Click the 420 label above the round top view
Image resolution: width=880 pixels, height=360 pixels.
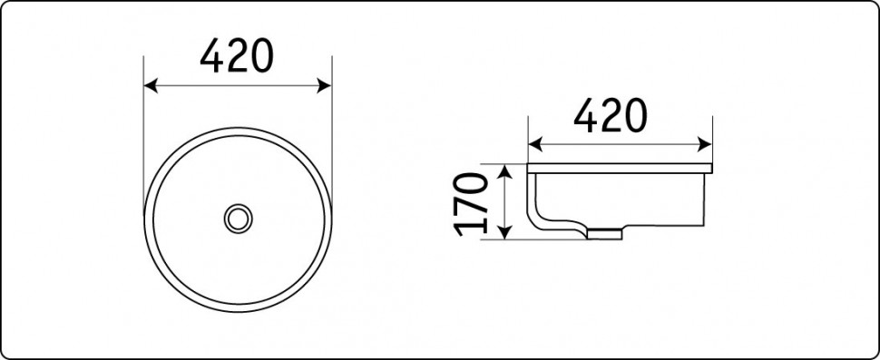[x=236, y=56]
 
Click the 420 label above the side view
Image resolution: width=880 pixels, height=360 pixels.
[x=610, y=115]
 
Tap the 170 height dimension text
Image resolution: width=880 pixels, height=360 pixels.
[x=471, y=203]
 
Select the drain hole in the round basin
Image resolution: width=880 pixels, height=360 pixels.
[x=238, y=219]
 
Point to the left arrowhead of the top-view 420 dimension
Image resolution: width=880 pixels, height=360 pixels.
[x=151, y=86]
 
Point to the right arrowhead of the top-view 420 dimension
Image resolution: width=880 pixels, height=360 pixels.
[x=325, y=86]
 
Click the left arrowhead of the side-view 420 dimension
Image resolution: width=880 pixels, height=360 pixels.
[x=535, y=144]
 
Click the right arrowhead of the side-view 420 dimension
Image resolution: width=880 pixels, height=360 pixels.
[x=705, y=144]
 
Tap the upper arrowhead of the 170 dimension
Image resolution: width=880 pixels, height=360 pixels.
[x=505, y=171]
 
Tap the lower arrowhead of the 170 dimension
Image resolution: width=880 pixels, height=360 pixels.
[x=505, y=232]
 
